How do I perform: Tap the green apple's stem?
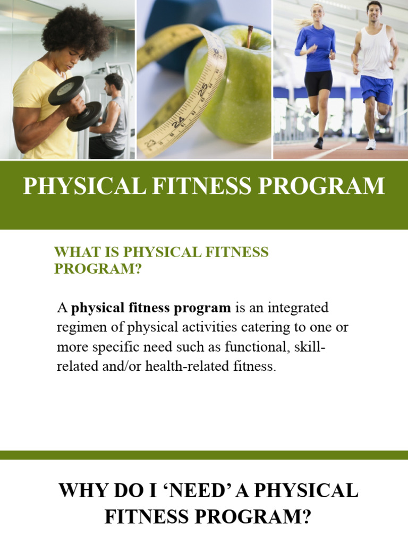pos(249,36)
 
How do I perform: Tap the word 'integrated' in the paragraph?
pos(298,308)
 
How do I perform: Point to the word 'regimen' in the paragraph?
pos(78,327)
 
